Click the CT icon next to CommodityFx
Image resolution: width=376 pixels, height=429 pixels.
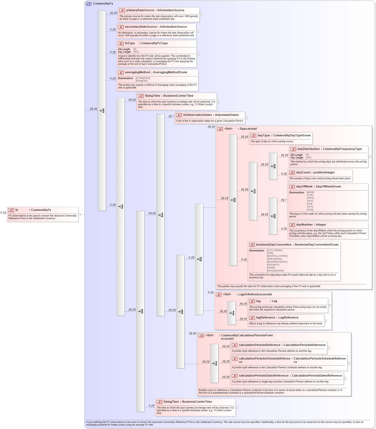click(89, 4)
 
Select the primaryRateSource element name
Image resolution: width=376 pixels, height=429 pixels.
click(140, 10)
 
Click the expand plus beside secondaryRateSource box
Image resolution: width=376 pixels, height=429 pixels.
click(197, 31)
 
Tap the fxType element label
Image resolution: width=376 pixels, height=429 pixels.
click(130, 43)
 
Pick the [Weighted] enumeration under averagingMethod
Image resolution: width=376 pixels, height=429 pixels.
click(141, 81)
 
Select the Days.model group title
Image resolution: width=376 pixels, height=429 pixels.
click(248, 129)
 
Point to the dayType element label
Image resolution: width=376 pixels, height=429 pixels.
click(263, 136)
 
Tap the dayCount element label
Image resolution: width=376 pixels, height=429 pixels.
click(303, 173)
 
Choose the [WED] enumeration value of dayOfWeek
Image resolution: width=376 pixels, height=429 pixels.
click(310, 198)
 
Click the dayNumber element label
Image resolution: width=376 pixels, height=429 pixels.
click(304, 225)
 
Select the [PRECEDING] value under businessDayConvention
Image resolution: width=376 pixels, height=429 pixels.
click(274, 259)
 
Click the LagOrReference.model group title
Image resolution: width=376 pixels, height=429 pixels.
click(255, 295)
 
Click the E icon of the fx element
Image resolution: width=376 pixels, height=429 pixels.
click(11, 210)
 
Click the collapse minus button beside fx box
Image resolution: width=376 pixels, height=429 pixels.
click(79, 214)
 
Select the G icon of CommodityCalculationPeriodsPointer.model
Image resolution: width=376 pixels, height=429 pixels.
click(202, 336)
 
